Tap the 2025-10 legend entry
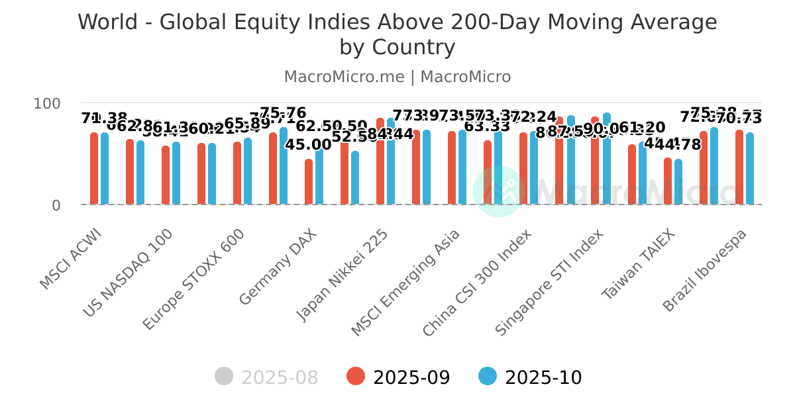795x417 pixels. click(531, 377)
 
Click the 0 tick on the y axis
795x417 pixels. click(56, 206)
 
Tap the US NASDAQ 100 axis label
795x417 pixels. click(129, 273)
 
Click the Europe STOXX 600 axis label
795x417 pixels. click(193, 279)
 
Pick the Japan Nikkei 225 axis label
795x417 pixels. click(342, 275)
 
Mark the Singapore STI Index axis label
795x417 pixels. click(549, 283)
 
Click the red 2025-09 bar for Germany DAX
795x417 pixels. click(309, 182)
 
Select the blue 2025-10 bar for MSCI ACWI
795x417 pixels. click(105, 169)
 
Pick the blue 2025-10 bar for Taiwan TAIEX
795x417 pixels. click(678, 182)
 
